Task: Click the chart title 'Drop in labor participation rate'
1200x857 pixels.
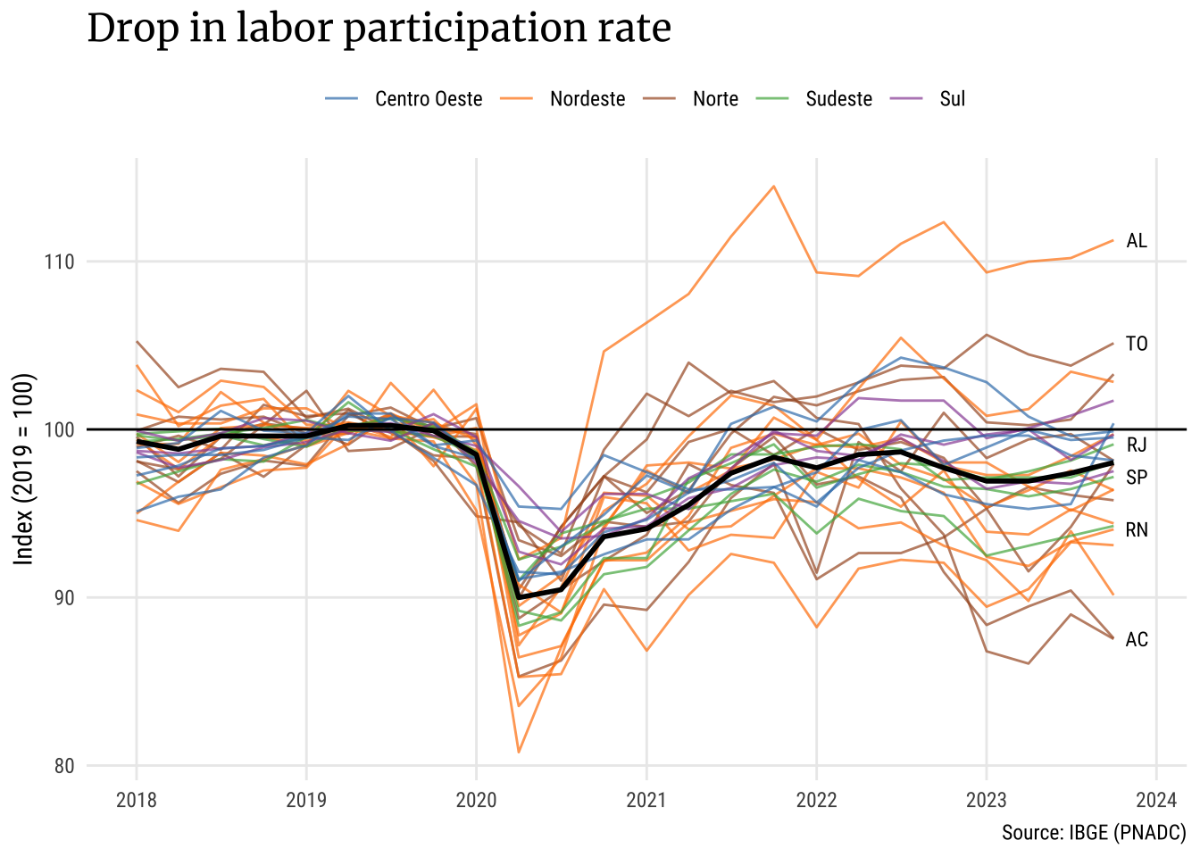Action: (379, 29)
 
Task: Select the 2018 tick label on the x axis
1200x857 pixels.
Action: (137, 800)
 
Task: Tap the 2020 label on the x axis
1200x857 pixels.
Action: (476, 800)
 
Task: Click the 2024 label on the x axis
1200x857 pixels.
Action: (1156, 800)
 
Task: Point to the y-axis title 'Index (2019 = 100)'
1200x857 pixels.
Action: (24, 469)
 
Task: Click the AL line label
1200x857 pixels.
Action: (1137, 241)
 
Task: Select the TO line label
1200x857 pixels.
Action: (1137, 345)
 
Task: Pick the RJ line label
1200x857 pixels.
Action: (1137, 445)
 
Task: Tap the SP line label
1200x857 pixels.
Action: (1137, 478)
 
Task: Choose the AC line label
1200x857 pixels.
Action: (1137, 640)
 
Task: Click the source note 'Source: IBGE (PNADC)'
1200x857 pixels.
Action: (1093, 833)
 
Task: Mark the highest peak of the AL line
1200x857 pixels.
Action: (773, 187)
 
